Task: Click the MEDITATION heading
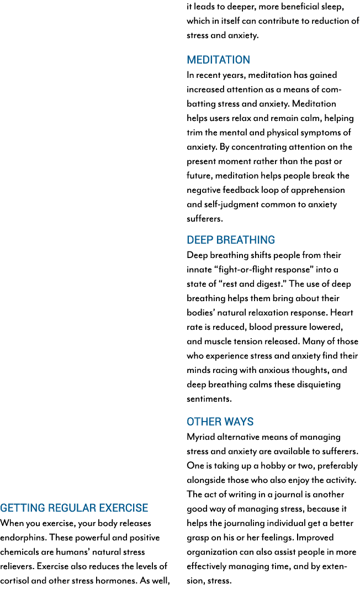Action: [219, 60]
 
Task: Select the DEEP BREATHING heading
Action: [231, 240]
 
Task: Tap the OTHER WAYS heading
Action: [220, 422]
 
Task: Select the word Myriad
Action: [200, 437]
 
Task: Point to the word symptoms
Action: [321, 133]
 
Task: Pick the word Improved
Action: [315, 538]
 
